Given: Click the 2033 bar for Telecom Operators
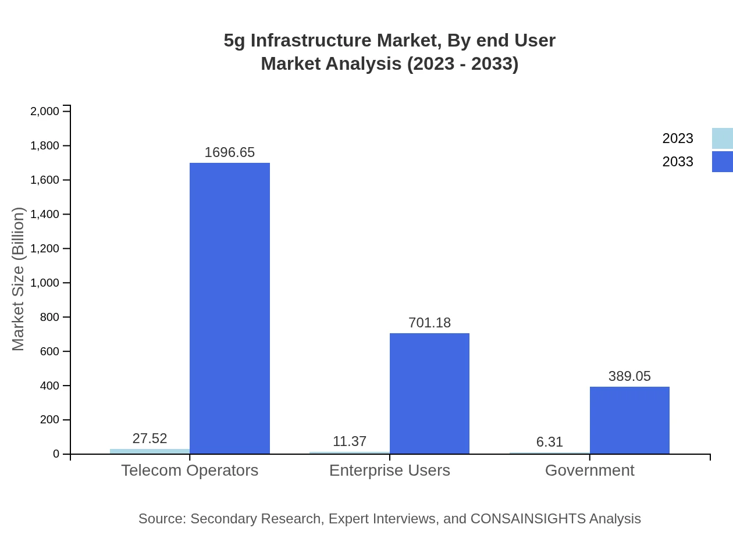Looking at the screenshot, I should pos(230,308).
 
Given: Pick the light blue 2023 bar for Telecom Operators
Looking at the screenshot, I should pos(150,451).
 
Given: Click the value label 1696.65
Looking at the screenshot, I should pos(230,152).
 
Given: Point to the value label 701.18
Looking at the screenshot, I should pos(429,323).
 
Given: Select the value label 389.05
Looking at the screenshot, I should pos(629,376).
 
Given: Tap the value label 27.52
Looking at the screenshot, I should pos(150,438).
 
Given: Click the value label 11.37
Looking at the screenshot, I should pos(350,441).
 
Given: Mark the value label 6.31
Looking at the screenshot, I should pos(550,442).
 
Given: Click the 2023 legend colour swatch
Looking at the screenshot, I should pos(722,138).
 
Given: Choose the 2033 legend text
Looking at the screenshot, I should pos(678,162).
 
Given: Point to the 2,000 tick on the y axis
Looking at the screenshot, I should pos(45,111).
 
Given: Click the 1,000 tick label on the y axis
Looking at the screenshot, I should pos(45,283).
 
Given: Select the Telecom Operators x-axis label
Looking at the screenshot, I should pos(190,470).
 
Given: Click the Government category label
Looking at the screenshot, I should pos(589,470).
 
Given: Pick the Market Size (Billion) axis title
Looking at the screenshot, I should pos(18,279).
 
